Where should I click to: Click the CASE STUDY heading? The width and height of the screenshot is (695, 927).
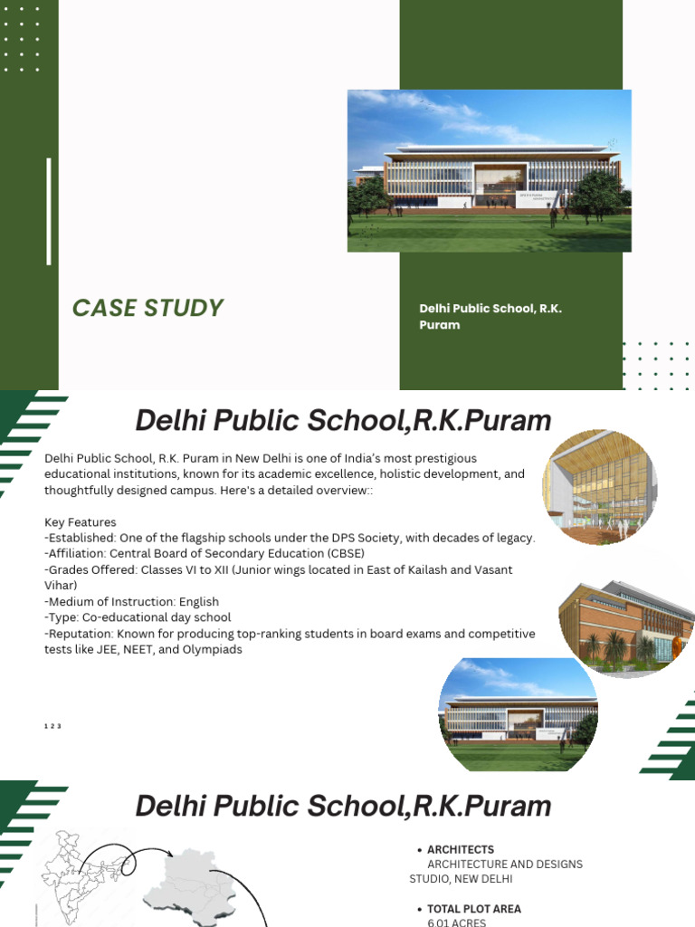click(148, 308)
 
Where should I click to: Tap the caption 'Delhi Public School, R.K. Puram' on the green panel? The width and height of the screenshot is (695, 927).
click(490, 316)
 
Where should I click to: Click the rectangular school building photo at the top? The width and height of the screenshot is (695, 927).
click(489, 170)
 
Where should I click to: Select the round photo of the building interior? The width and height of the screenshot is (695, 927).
click(599, 487)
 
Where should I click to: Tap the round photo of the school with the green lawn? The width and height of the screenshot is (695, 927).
click(519, 714)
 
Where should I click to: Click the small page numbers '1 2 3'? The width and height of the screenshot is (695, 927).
click(52, 726)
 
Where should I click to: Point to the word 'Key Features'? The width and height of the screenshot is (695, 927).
click(80, 522)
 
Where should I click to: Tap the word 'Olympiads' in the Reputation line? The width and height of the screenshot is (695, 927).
click(211, 649)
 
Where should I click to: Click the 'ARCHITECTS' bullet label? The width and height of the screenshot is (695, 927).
click(460, 850)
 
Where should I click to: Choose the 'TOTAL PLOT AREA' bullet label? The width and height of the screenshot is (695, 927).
click(473, 909)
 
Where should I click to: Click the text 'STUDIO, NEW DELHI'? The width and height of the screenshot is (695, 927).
click(461, 878)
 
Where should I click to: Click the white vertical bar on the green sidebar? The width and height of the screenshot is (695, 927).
click(49, 211)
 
